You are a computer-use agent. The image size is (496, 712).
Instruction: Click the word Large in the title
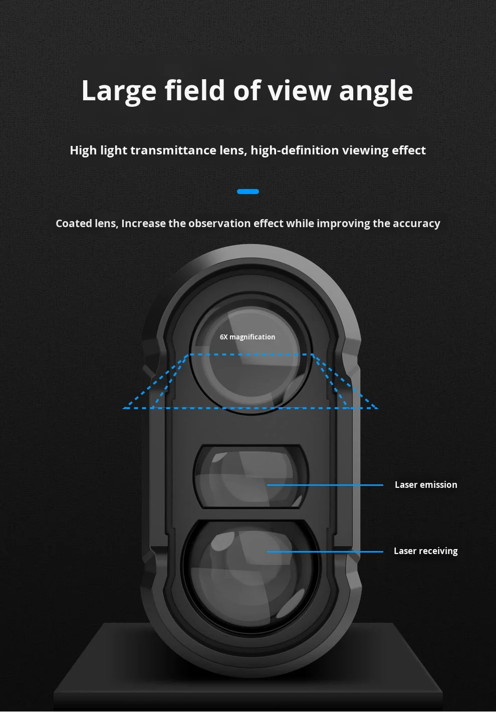pos(119,91)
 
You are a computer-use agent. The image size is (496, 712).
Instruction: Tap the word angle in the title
pos(376,91)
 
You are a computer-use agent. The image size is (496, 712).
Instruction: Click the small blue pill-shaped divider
pos(248,192)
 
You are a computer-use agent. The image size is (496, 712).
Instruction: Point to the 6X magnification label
pos(247,337)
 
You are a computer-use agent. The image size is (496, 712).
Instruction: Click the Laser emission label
pos(426,485)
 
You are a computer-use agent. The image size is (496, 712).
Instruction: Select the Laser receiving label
pos(426,551)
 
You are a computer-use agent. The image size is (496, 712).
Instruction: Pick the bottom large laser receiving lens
pos(250,572)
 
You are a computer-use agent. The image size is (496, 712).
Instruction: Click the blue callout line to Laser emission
pos(326,485)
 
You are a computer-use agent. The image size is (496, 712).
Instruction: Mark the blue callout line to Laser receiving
pos(326,552)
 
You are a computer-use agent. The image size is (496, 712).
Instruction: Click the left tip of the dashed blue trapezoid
pos(124,408)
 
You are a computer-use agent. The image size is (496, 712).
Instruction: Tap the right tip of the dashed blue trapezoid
pos(377,408)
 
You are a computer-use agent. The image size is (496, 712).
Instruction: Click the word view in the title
pos(300,91)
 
